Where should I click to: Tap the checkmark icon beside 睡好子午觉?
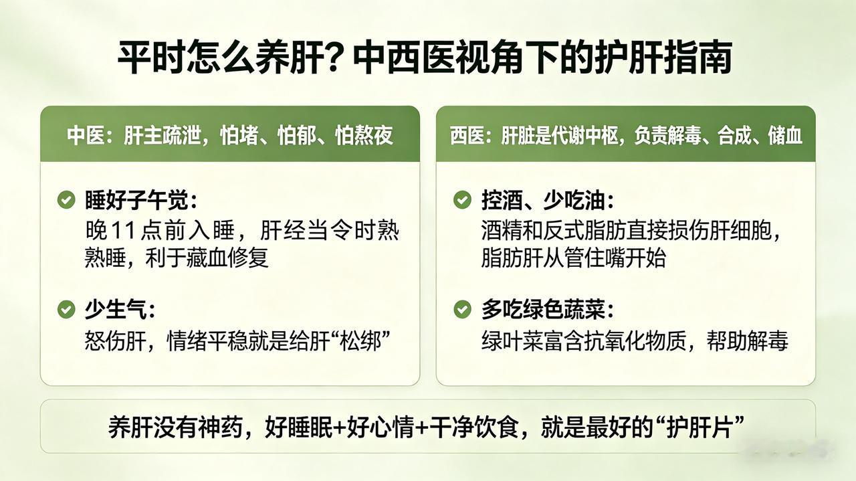[x=66, y=199]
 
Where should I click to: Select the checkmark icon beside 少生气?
[x=66, y=309]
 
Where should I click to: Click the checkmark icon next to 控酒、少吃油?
[x=462, y=199]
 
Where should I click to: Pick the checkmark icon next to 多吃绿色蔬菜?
[x=462, y=309]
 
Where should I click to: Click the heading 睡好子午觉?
[x=137, y=199]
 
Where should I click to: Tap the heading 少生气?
[x=116, y=309]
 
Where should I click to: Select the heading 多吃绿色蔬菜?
[x=544, y=309]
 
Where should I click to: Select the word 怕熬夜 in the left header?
[x=364, y=135]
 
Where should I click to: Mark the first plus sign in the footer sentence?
[x=339, y=427]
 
